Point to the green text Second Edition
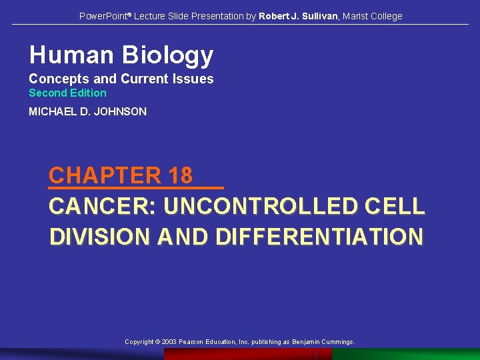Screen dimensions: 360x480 click(67, 93)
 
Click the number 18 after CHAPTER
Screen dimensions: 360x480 click(180, 175)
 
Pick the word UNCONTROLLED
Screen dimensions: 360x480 click(259, 207)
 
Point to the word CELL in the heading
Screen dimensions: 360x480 click(394, 207)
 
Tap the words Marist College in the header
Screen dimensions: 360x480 click(373, 16)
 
